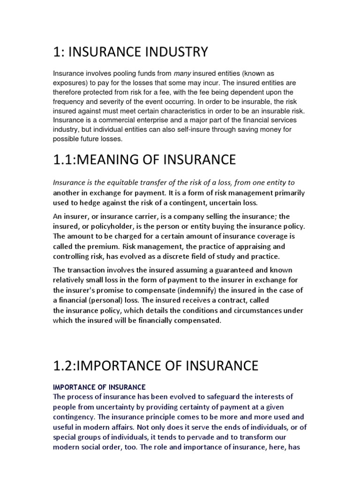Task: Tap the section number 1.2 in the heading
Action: pos(64,365)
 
